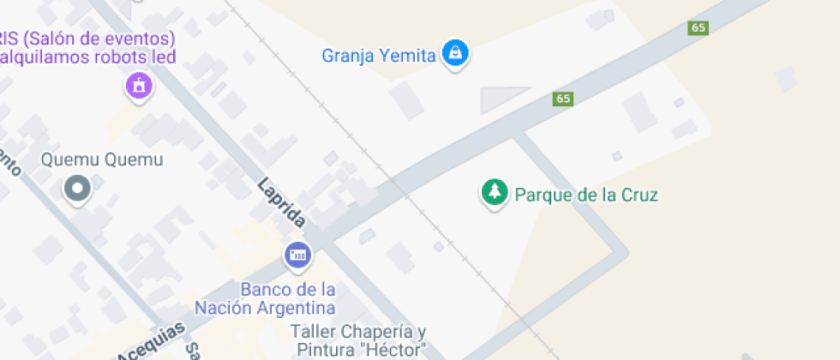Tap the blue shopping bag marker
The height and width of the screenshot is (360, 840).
(455, 53)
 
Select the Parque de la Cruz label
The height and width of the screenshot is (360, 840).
(585, 195)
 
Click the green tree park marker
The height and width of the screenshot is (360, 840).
(493, 191)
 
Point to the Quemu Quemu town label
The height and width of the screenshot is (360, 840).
(102, 160)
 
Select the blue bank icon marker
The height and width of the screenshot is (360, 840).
(298, 255)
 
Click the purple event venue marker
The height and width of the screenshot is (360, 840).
(138, 85)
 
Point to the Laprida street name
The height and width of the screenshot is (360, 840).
(281, 203)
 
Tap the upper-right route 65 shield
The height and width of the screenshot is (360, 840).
(699, 27)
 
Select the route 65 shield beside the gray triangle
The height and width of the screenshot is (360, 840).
(562, 99)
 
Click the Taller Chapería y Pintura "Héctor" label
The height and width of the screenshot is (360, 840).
(359, 340)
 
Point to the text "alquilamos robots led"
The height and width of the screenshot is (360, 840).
(87, 57)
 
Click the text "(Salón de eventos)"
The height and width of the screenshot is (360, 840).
(100, 39)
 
